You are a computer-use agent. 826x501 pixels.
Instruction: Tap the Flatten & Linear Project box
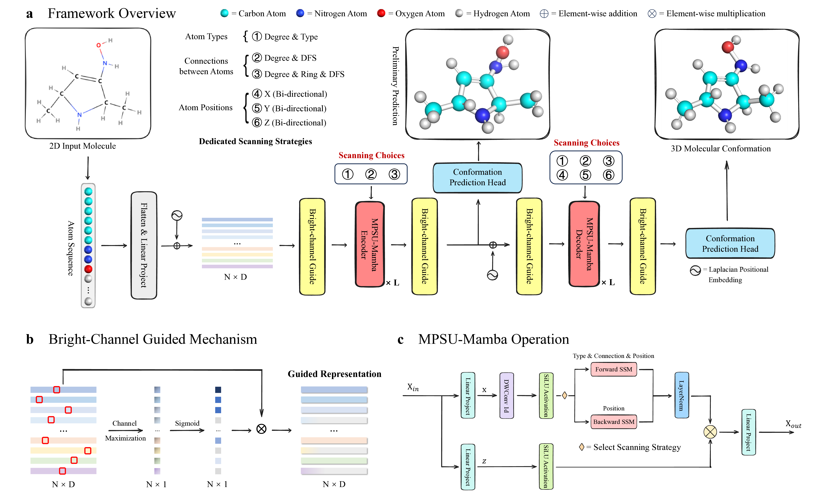144,245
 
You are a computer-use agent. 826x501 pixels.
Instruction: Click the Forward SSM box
613,369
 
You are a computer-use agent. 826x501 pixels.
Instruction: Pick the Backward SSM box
613,422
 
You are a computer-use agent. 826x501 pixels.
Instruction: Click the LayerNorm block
682,395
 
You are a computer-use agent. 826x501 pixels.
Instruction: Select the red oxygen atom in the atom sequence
88,269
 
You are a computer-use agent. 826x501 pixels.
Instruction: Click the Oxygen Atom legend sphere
381,13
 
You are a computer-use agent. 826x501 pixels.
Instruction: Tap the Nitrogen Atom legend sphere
300,13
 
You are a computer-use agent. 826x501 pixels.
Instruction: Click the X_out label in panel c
793,424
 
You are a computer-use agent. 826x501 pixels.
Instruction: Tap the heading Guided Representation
334,374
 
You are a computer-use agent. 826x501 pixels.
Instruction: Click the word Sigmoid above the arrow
187,423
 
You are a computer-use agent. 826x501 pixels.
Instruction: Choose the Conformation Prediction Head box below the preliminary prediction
477,177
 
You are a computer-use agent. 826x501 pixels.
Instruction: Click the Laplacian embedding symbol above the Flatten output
177,215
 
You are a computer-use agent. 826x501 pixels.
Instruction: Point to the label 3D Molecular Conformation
720,149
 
